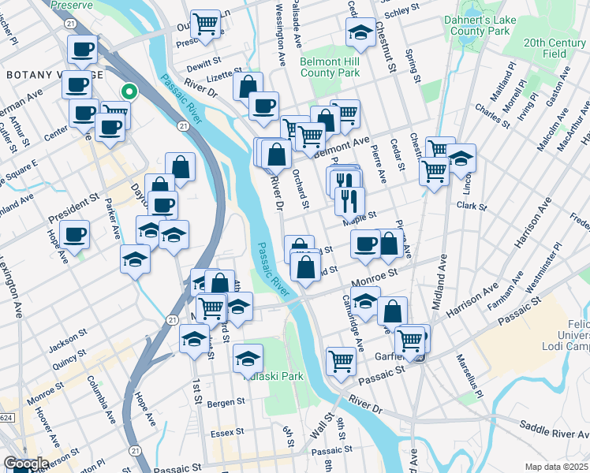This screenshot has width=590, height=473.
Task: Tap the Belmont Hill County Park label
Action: (x=330, y=67)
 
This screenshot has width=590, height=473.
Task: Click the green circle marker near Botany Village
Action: (x=131, y=91)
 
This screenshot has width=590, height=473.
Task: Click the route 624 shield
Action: (x=8, y=417)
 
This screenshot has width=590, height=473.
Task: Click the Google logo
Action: (x=26, y=464)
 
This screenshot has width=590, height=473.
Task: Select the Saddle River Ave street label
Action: (x=552, y=430)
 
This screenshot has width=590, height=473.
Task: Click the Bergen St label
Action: (x=226, y=403)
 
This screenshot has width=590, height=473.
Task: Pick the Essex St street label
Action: (x=228, y=434)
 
